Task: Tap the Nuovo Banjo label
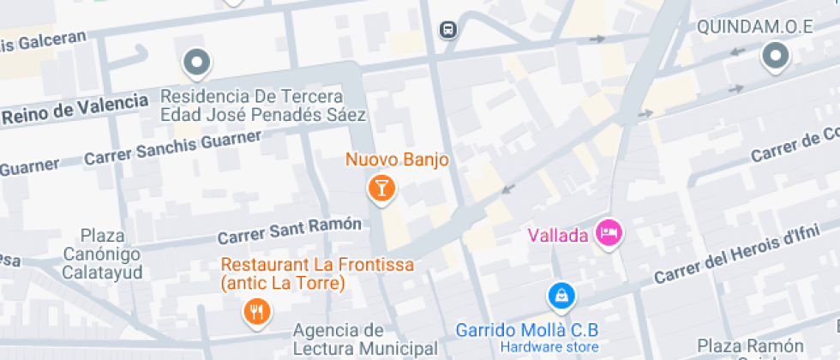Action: (x=397, y=160)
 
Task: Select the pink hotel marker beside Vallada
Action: (x=609, y=232)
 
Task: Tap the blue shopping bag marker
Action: (x=561, y=297)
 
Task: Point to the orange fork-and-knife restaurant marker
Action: (x=256, y=311)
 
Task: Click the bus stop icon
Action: (x=447, y=30)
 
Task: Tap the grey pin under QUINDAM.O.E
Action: (x=775, y=57)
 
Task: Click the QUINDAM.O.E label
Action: (x=754, y=27)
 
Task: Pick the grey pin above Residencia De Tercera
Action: (x=198, y=62)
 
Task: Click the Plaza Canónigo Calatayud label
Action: (x=104, y=254)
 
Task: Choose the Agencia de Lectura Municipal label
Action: (x=352, y=339)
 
